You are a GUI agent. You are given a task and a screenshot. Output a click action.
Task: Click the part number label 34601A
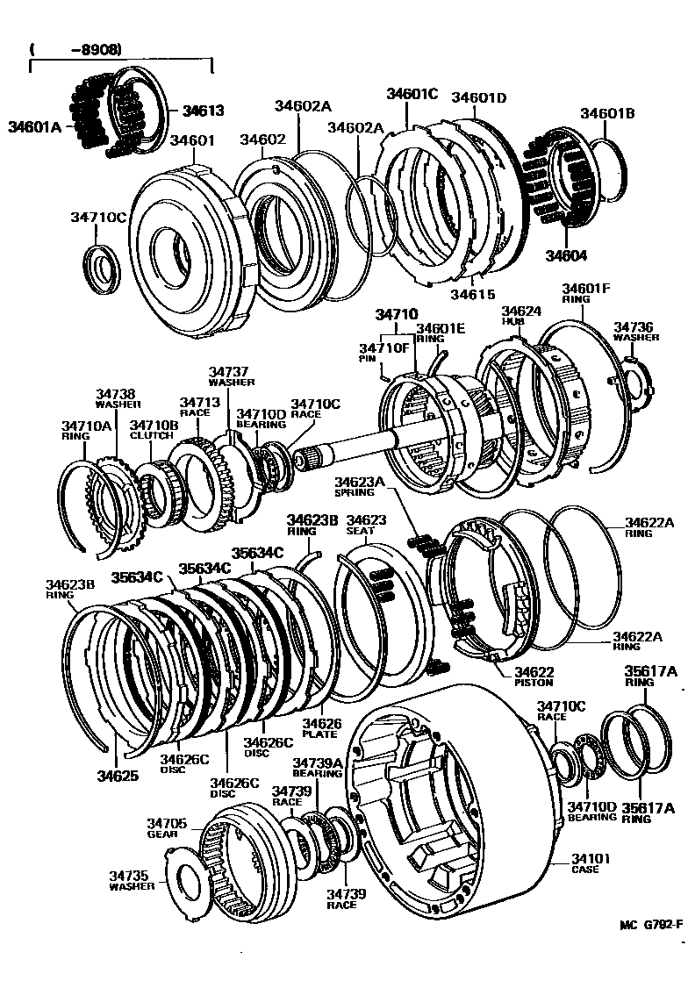pyautogui.click(x=35, y=126)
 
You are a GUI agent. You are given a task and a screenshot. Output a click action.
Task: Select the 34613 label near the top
pyautogui.click(x=203, y=111)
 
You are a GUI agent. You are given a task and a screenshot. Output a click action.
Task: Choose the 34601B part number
pyautogui.click(x=606, y=113)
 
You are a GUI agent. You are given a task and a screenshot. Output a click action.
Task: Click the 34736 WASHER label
pyautogui.click(x=636, y=331)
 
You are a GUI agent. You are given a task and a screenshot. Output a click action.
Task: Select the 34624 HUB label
pyautogui.click(x=521, y=316)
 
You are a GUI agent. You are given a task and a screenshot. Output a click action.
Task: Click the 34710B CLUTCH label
pyautogui.click(x=154, y=429)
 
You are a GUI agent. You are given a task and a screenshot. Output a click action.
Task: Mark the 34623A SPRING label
pyautogui.click(x=360, y=485)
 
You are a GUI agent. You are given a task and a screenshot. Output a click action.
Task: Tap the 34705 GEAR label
pyautogui.click(x=167, y=827)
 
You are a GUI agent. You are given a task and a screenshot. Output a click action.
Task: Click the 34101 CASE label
pyautogui.click(x=590, y=864)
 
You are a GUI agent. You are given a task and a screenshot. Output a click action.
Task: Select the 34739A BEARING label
pyautogui.click(x=317, y=769)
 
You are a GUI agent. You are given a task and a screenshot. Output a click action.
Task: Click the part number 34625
pyautogui.click(x=118, y=776)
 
